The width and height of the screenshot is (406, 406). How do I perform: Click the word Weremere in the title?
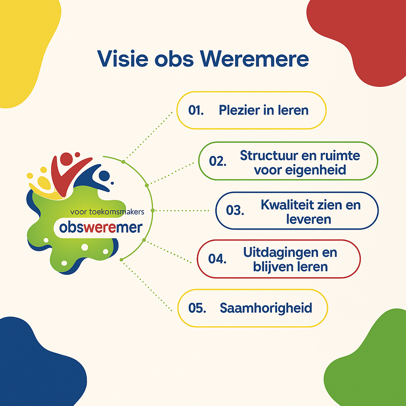pos(254,59)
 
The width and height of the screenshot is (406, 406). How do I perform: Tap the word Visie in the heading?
pos(123,59)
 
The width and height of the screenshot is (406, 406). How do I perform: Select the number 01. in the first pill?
pos(196,110)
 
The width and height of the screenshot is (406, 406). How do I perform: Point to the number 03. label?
pos(235,210)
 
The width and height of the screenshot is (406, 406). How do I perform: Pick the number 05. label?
pos(197,308)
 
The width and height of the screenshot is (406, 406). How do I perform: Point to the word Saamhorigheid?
pos(266,308)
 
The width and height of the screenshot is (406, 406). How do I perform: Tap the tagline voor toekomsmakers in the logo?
pos(107,212)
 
